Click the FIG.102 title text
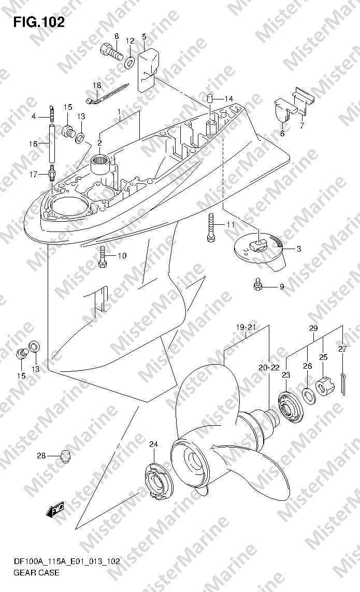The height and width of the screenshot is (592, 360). [x=39, y=22]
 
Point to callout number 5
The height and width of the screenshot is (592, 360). [x=144, y=37]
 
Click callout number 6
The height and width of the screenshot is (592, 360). [x=282, y=133]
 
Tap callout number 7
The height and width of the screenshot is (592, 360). [x=302, y=125]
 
